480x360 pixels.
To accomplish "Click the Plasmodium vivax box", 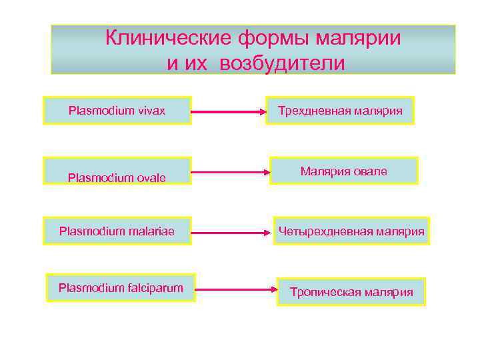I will pos(117,110).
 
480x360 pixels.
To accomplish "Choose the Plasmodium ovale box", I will pos(117,171).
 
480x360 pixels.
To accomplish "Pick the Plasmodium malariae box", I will pos(117,231).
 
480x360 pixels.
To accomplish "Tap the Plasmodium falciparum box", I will pos(121,288).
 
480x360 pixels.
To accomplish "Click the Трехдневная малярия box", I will pos(340,110).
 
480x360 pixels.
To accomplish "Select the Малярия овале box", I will pos(343,171).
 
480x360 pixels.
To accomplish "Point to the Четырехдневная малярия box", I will pos(351,231).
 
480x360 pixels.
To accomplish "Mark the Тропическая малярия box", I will pos(351,292).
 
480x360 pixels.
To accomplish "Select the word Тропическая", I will pos(325,292).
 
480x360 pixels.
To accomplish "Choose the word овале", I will pos(371,171).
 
